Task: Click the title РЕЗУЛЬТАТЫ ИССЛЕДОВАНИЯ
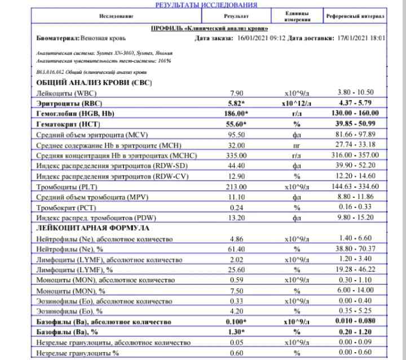coord(206,5)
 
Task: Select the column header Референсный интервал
coord(355,16)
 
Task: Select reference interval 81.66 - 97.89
coord(355,135)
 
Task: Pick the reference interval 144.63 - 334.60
coord(355,186)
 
